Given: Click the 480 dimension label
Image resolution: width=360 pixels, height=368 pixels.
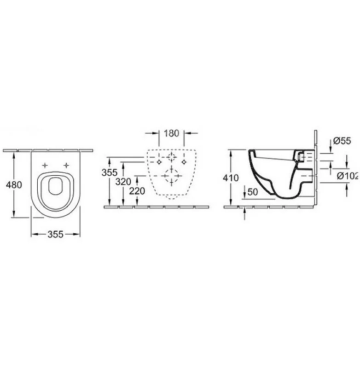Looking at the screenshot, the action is coord(14,185).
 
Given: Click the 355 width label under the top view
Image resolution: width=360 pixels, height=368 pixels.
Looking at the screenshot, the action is coord(55,234).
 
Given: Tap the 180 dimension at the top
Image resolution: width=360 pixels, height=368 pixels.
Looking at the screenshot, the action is coord(171,133).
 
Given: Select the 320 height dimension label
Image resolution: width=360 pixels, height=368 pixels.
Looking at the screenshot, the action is coord(123,182).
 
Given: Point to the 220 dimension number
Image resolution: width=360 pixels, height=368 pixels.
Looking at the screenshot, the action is coord(137,191).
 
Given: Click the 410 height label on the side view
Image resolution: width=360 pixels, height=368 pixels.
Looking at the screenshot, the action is coord(231,178).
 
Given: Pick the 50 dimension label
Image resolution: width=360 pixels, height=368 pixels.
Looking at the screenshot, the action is coord(253,192).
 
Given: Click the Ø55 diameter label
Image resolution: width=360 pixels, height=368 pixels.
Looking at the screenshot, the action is coord(342,141).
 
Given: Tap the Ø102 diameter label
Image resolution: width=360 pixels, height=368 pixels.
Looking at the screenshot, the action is coord(348,176).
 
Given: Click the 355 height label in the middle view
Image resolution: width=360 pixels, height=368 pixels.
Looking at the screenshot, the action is coord(110,172).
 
